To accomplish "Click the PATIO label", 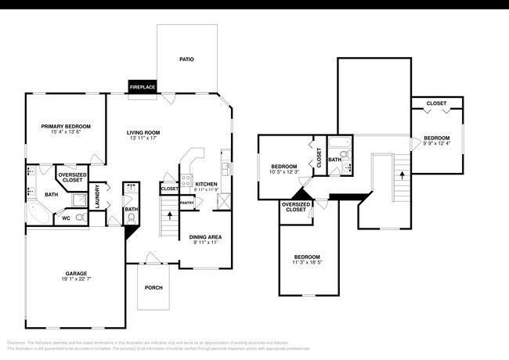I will coord(186,59).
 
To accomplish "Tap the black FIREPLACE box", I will coord(142,87).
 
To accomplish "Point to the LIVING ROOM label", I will coord(143,132).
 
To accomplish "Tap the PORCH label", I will coord(153,287).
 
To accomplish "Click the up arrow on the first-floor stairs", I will coord(170,214).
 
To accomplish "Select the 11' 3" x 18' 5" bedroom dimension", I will coord(307,263).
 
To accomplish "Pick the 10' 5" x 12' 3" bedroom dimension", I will coord(284,172).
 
